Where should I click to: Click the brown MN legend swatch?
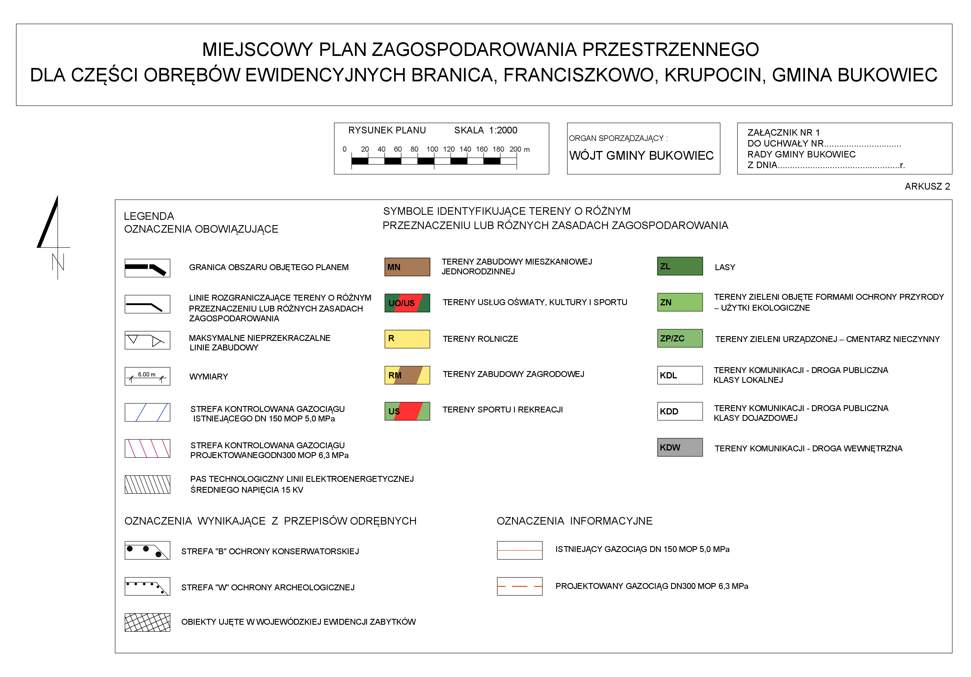pyautogui.click(x=407, y=267)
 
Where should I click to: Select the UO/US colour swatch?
pyautogui.click(x=407, y=303)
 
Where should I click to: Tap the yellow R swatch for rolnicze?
pyautogui.click(x=407, y=339)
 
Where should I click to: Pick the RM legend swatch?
pyautogui.click(x=407, y=375)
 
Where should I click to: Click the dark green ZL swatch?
pyautogui.click(x=679, y=266)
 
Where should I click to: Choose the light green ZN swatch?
pyautogui.click(x=679, y=302)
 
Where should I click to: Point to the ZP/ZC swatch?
pyautogui.click(x=679, y=338)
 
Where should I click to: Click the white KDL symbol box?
pyautogui.click(x=679, y=375)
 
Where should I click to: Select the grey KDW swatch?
pyautogui.click(x=679, y=447)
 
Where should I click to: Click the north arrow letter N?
pyautogui.click(x=58, y=262)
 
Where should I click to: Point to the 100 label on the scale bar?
pyautogui.click(x=432, y=149)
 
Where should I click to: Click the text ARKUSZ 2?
pyautogui.click(x=927, y=187)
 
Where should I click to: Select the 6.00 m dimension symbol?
pyautogui.click(x=147, y=376)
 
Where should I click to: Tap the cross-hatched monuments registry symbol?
pyautogui.click(x=147, y=622)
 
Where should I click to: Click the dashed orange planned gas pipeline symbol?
pyautogui.click(x=519, y=586)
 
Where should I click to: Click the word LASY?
pyautogui.click(x=725, y=267)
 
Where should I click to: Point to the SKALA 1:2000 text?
pyautogui.click(x=485, y=130)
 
